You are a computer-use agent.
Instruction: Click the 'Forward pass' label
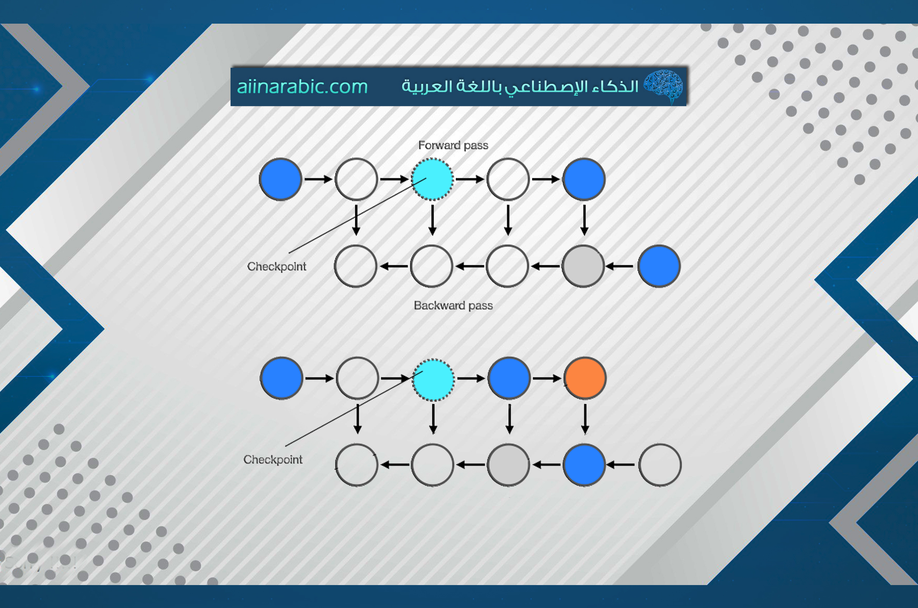[453, 146]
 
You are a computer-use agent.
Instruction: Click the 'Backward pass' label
[453, 305]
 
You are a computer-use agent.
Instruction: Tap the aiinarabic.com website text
[302, 86]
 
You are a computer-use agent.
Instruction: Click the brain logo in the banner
[663, 86]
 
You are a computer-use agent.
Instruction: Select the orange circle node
[585, 378]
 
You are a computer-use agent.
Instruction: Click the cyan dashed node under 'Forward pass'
[432, 179]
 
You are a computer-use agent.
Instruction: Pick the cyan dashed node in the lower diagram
[433, 379]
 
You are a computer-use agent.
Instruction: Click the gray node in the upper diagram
[583, 266]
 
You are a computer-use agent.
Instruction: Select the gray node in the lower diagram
[508, 465]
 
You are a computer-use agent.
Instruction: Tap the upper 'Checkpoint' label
[276, 267]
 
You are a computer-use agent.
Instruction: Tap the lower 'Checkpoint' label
[273, 460]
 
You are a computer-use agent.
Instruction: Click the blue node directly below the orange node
[584, 465]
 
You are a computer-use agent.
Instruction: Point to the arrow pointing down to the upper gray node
[584, 220]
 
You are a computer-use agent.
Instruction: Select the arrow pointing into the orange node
[547, 378]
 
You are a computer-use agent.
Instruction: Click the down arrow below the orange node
[585, 419]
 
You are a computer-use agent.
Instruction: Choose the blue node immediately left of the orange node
[509, 378]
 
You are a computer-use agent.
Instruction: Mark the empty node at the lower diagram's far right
[660, 465]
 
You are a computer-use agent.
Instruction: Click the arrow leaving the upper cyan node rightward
[470, 179]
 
